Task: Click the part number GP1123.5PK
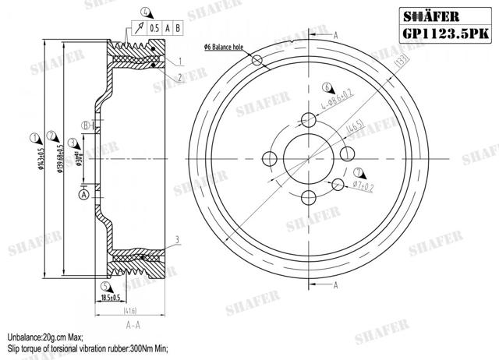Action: (447, 34)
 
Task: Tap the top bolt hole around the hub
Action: (309, 119)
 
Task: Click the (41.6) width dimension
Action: (131, 312)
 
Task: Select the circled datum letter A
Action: (83, 174)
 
